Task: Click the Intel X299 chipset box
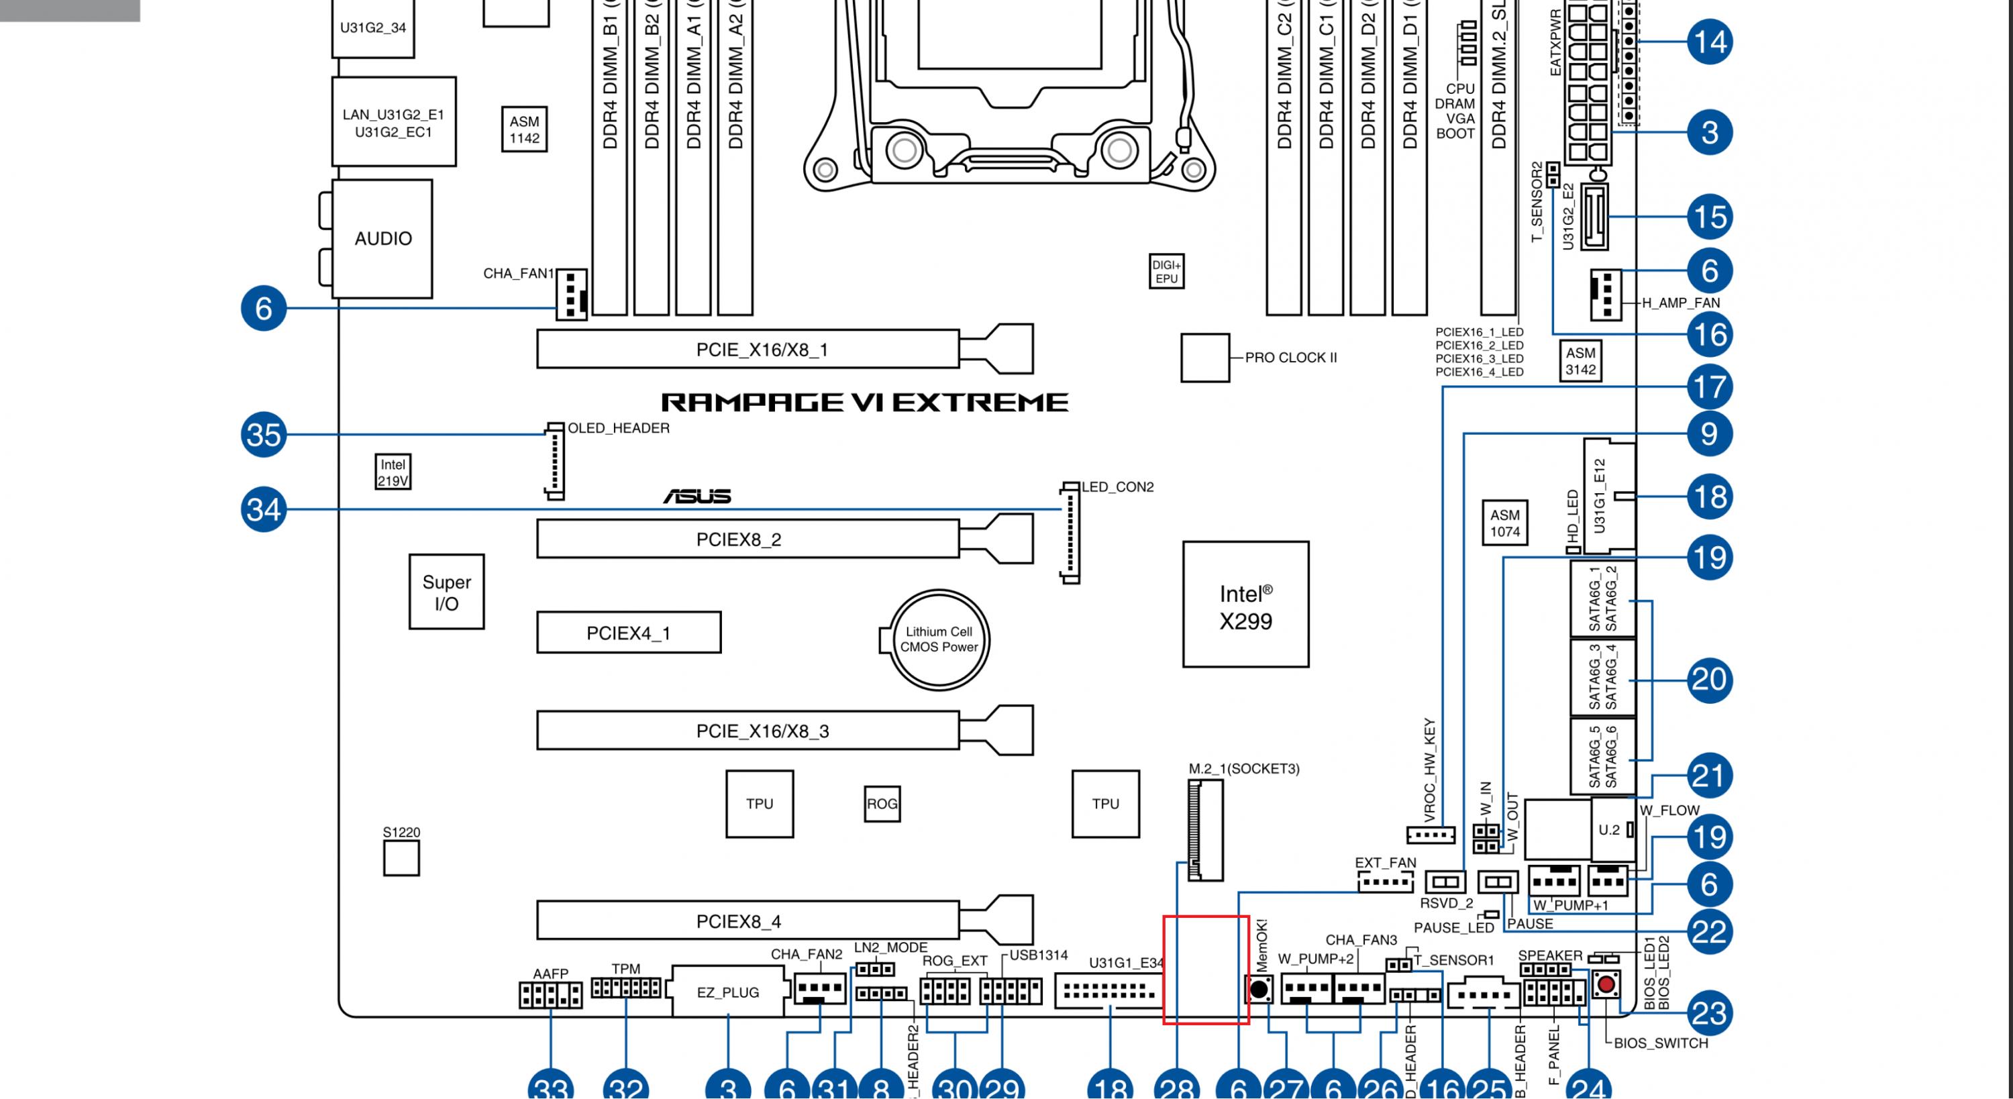coord(1245,605)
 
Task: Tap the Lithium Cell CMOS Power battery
coord(939,639)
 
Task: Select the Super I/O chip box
coord(446,592)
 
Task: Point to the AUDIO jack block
coord(382,238)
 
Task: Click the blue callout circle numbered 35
coord(263,435)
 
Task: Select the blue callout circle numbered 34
coord(263,510)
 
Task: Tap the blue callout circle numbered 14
coord(1709,42)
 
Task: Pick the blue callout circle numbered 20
coord(1709,679)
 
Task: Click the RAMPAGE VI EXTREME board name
coord(864,403)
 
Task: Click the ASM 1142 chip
coord(524,129)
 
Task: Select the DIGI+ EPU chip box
coord(1166,271)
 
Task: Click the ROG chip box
coord(882,804)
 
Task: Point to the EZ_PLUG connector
coord(727,992)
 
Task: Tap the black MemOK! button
coord(1259,990)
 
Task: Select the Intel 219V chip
coord(393,472)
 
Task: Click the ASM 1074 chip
coord(1504,523)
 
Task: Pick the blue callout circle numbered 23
coord(1709,1013)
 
